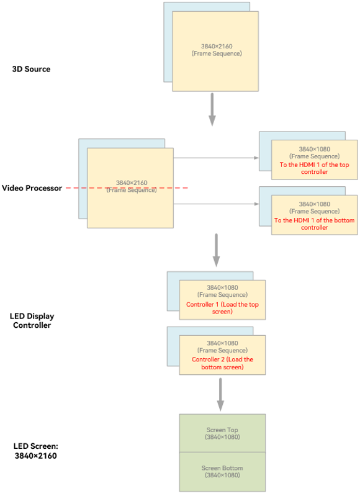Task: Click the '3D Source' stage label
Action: coord(31,69)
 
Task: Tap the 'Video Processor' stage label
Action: coord(32,188)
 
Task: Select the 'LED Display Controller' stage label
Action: coord(32,320)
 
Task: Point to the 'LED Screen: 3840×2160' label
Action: coord(36,451)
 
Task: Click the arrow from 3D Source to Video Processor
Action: coord(212,109)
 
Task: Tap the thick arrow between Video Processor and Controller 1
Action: coord(217,250)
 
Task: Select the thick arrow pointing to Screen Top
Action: coord(220,394)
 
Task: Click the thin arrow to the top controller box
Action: coord(216,158)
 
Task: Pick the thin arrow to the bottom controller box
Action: coord(216,204)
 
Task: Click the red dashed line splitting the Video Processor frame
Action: coord(127,188)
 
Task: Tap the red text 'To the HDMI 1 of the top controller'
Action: coord(315,168)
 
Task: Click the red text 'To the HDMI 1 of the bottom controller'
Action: coord(315,223)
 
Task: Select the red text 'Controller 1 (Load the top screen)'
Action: coord(222,308)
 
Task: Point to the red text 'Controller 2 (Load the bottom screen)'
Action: coord(222,363)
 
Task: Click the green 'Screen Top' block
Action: coord(222,433)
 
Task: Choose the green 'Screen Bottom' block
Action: coord(222,472)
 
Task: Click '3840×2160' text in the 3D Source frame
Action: coord(217,46)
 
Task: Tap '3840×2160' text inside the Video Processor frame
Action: coord(132,183)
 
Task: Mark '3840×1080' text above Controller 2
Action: coord(222,343)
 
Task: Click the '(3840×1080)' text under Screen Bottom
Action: coord(222,475)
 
